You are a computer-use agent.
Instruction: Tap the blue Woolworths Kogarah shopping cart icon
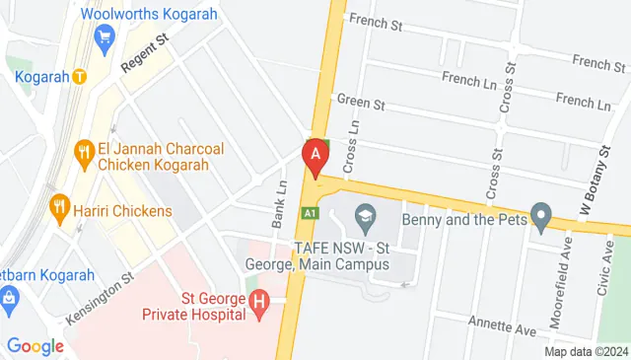pyautogui.click(x=105, y=37)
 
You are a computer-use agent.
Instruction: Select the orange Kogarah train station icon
pyautogui.click(x=78, y=76)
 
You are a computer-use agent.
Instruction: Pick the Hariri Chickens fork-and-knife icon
pyautogui.click(x=59, y=207)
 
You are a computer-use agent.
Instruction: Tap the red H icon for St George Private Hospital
pyautogui.click(x=259, y=304)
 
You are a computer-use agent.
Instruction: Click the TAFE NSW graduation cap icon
pyautogui.click(x=364, y=214)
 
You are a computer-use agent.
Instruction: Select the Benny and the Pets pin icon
pyautogui.click(x=540, y=214)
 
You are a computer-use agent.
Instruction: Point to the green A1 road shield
pyautogui.click(x=311, y=212)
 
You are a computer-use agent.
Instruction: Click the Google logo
pyautogui.click(x=35, y=346)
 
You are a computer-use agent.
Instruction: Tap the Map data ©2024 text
pyautogui.click(x=587, y=351)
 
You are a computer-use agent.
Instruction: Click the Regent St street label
pyautogui.click(x=146, y=53)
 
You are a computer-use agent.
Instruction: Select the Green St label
pyautogui.click(x=360, y=102)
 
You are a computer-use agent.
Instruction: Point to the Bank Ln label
pyautogui.click(x=280, y=201)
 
